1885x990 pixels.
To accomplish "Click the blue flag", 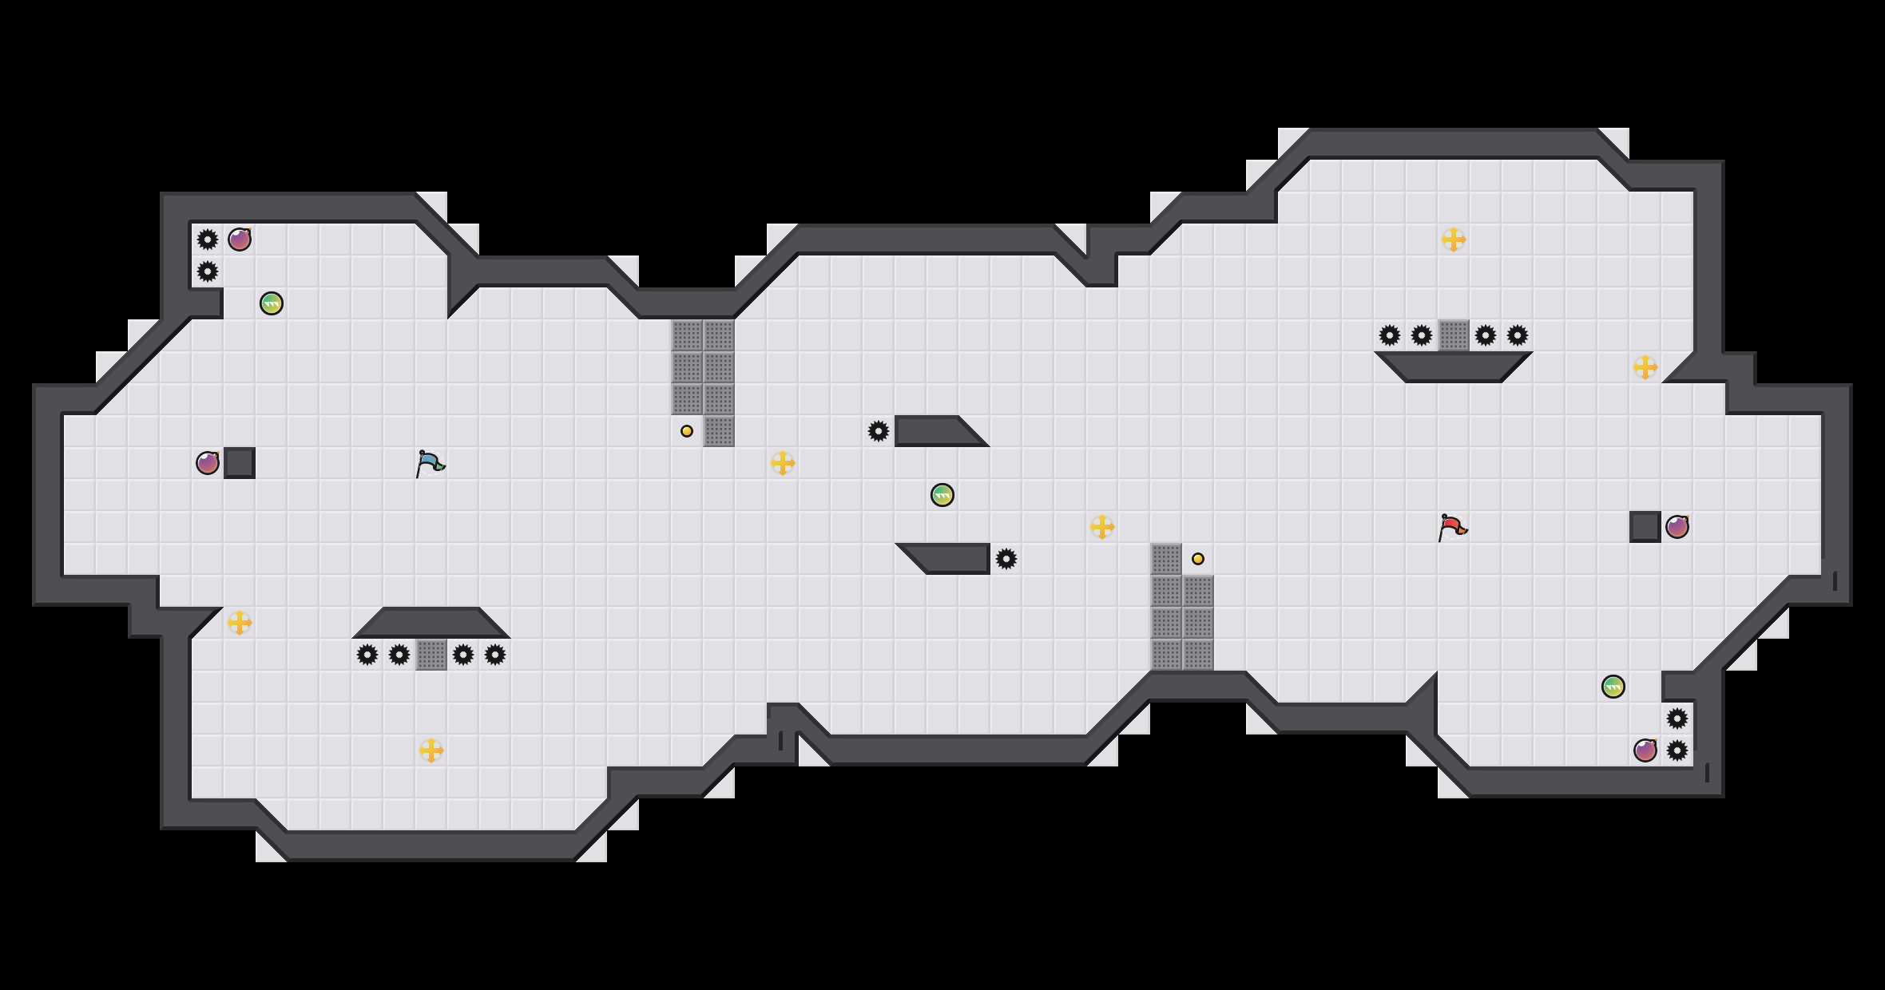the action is pos(430,463).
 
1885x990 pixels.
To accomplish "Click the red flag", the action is pos(1452,527).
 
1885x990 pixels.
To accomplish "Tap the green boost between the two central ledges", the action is pos(942,495).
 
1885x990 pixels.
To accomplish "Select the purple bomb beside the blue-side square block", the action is pos(208,463).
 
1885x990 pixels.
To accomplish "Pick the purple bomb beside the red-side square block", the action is pos(1677,527).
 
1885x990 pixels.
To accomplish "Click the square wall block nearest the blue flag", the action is pos(240,463).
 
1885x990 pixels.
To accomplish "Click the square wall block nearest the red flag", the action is pos(1645,527).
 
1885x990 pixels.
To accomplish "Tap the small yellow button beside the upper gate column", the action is pos(687,431).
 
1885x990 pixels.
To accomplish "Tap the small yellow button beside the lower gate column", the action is pos(1198,559).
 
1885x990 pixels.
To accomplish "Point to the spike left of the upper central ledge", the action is pos(879,431).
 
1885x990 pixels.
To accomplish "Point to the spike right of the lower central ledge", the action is pos(1006,559).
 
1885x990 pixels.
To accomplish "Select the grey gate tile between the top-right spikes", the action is pos(1454,335).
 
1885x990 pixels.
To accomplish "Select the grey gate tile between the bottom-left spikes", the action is pos(431,655).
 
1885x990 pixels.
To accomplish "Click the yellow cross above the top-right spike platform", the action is pos(1454,240).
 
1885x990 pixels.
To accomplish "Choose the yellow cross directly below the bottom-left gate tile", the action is pos(431,750).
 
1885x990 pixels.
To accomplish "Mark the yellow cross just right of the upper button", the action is pos(783,463).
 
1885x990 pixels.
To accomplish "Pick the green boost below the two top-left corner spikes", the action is pos(272,303).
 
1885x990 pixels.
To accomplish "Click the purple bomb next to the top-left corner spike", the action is pos(240,240).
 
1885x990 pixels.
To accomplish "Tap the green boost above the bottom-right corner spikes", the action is pos(1613,687).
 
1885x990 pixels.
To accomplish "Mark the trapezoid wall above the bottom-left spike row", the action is pos(431,623).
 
